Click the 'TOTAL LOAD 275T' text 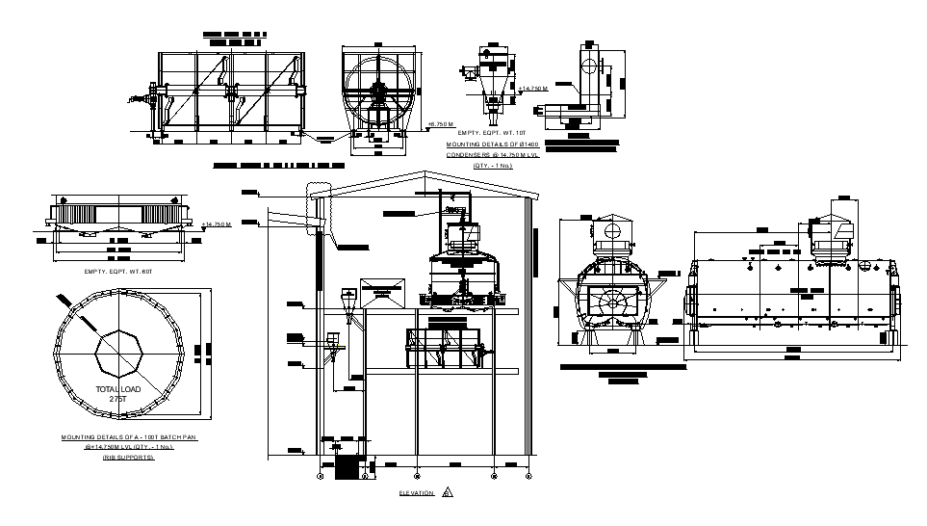[118, 393]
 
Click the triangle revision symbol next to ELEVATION [448, 492]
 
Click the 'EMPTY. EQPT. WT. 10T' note [493, 132]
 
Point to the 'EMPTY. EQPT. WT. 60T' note [119, 272]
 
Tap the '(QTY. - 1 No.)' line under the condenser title [492, 166]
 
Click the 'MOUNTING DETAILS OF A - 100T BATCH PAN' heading [129, 437]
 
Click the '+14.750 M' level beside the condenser [531, 89]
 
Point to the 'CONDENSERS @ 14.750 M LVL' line [494, 154]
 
